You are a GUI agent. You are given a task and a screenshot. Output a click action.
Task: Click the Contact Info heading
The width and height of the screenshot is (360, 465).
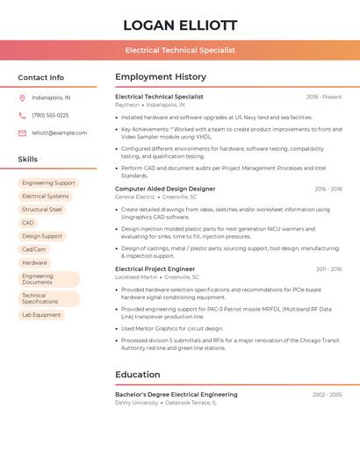[41, 77]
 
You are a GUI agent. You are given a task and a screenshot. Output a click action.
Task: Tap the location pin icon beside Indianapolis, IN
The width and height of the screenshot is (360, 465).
[22, 98]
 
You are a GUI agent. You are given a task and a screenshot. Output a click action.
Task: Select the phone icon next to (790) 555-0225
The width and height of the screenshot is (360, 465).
[22, 116]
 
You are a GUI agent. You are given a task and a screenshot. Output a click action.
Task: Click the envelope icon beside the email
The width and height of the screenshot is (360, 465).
[22, 133]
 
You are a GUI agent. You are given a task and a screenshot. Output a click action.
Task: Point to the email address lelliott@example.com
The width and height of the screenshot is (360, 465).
[60, 133]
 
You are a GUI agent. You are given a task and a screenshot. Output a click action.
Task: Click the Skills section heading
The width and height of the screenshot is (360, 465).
[28, 159]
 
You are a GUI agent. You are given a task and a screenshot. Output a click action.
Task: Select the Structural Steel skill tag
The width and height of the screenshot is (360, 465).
[42, 210]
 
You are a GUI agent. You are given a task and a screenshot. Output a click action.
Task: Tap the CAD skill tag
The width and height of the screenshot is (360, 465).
[28, 223]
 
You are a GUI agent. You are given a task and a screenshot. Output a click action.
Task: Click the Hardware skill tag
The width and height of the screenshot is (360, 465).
[34, 262]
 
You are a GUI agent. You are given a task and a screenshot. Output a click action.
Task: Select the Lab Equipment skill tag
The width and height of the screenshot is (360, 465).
[41, 315]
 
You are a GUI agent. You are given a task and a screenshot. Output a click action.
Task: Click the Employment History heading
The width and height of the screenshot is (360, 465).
[161, 77]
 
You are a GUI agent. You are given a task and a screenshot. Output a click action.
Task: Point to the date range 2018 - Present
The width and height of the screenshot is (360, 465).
[324, 97]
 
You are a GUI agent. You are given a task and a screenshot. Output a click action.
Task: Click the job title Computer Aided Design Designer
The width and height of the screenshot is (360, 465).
[165, 189]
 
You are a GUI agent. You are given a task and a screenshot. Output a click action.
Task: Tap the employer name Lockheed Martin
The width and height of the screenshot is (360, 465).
[134, 276]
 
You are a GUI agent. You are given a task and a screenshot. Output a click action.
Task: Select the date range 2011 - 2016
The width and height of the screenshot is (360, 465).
[328, 269]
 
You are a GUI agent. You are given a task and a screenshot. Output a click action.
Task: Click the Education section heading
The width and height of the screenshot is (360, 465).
[138, 375]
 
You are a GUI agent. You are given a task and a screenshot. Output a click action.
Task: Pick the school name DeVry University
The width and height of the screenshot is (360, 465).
[137, 403]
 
